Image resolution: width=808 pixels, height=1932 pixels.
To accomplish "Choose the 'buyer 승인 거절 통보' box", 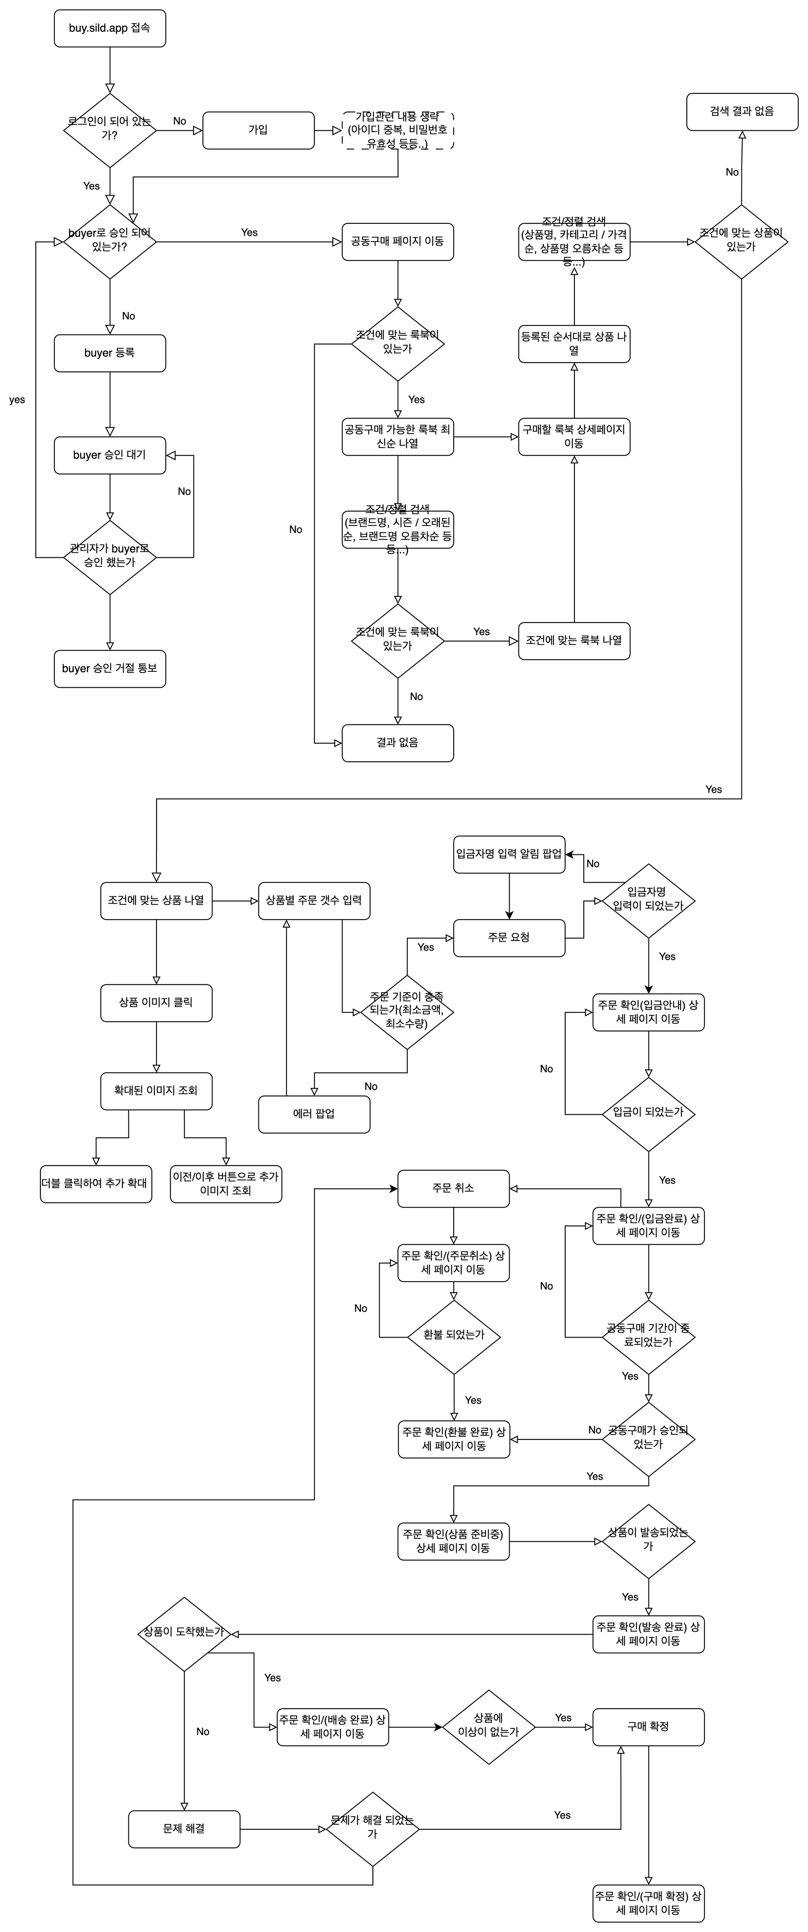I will [109, 669].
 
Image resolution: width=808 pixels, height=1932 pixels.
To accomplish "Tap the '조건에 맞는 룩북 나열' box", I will [574, 641].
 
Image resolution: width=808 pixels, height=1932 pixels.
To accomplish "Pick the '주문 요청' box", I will [509, 938].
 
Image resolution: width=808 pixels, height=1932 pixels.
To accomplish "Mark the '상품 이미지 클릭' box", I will [156, 1003].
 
